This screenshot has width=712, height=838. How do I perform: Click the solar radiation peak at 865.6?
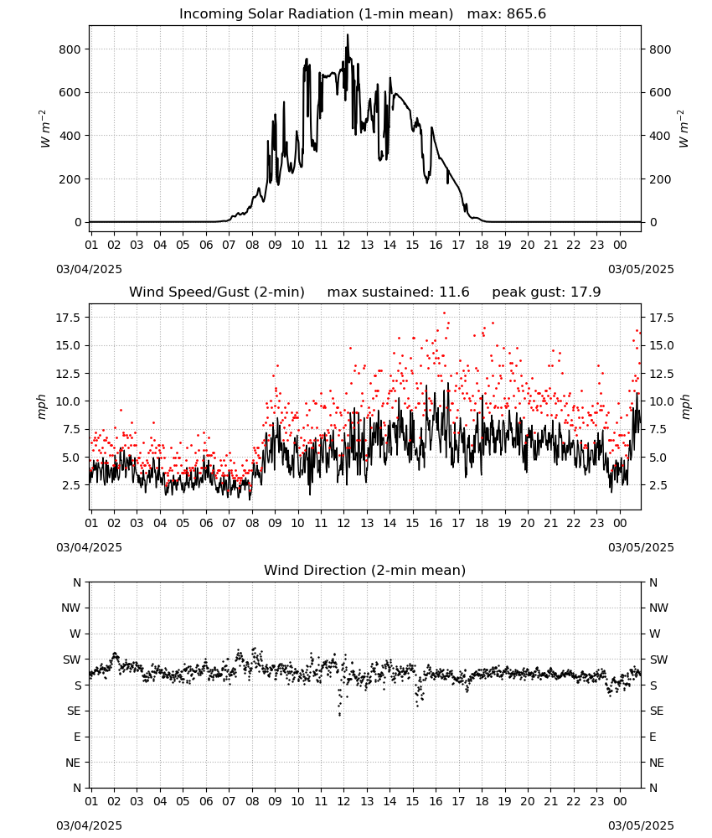pos(348,35)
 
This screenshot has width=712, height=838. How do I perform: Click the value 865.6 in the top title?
pos(526,14)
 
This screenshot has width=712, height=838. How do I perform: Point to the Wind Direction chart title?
pos(365,570)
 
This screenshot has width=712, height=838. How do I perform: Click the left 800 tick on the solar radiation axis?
pos(70,49)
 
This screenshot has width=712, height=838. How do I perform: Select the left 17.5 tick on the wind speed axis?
pos(69,318)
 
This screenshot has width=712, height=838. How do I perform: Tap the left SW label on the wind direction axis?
pos(71,660)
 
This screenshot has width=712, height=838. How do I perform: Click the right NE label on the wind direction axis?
pos(657,763)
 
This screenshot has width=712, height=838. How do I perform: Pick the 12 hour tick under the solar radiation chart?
pos(343,245)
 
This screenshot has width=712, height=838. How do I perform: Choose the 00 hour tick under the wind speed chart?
pos(620,523)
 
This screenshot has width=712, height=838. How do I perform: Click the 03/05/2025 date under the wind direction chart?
pos(641,825)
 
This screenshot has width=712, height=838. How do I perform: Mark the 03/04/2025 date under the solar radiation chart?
pos(89,269)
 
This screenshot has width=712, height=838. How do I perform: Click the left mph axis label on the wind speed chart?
pos(42,406)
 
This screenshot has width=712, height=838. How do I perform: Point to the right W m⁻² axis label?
pos(684,129)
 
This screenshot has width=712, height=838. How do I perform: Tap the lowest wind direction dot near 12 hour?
pos(340,715)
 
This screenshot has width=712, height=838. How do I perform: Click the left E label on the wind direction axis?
pos(77,737)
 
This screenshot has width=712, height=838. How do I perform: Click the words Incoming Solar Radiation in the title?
pos(266,14)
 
